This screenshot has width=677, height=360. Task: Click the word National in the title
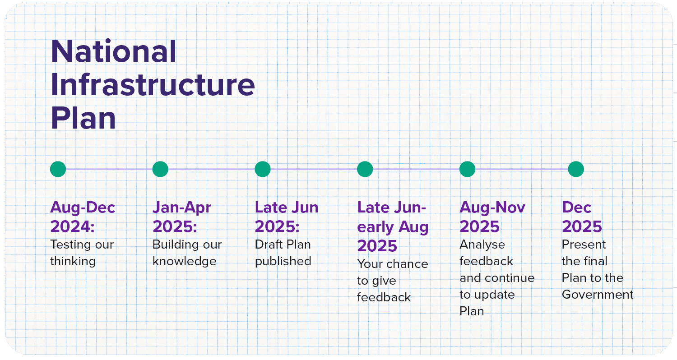[x=114, y=51]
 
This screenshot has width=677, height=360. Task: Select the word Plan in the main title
[x=83, y=118]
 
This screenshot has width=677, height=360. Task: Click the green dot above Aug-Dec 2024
[x=58, y=169]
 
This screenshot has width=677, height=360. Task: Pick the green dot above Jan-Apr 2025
[x=160, y=169]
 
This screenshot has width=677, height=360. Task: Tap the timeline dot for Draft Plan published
[x=263, y=169]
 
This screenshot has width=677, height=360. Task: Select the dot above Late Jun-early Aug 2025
[x=365, y=169]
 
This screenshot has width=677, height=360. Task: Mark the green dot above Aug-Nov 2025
[x=468, y=169]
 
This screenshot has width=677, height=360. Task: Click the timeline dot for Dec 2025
[x=576, y=169]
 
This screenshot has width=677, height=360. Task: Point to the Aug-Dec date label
[x=83, y=208]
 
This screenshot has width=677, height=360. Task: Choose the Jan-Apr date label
[x=181, y=208]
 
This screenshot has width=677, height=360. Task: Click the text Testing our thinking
[x=82, y=253]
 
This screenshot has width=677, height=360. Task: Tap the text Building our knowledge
[x=187, y=253]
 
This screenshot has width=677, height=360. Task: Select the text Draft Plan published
[x=283, y=253]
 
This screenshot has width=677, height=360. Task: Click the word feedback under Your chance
[x=384, y=297]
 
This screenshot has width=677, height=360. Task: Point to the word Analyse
[x=482, y=245]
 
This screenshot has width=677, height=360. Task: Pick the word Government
[x=598, y=295]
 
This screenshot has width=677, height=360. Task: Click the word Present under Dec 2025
[x=584, y=245]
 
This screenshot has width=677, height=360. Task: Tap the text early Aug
[x=393, y=227]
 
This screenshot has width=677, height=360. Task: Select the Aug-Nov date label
[x=492, y=208]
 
